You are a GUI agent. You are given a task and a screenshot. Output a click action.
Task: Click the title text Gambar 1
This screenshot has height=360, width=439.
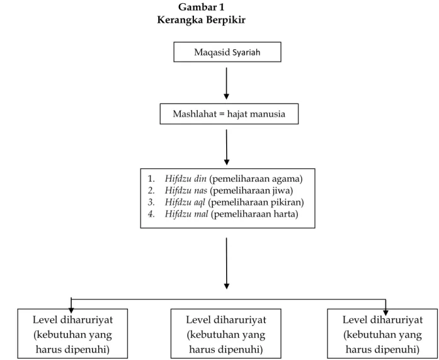pyautogui.click(x=202, y=7)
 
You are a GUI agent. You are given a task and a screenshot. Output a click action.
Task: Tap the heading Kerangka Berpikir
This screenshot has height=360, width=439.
pyautogui.click(x=202, y=20)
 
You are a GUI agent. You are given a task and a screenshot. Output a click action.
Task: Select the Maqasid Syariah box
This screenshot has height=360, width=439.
pyautogui.click(x=227, y=52)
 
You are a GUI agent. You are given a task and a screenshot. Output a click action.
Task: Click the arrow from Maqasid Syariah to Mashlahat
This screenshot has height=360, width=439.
pyautogui.click(x=227, y=83)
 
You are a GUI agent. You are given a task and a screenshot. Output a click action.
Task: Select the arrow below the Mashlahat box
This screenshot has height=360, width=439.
pyautogui.click(x=227, y=147)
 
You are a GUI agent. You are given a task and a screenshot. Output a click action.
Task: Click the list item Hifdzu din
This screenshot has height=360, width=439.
pyautogui.click(x=186, y=178)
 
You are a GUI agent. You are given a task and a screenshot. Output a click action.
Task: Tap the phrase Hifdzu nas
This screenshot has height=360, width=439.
pyautogui.click(x=186, y=190)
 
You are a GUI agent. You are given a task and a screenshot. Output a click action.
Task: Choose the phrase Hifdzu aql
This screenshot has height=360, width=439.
pyautogui.click(x=185, y=202)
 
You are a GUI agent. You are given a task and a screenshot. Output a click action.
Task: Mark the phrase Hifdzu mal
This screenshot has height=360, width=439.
pyautogui.click(x=186, y=214)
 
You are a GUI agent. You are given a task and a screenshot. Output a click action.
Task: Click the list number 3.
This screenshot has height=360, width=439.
pyautogui.click(x=151, y=202)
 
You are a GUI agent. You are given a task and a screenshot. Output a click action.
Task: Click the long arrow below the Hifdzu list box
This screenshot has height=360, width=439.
pyautogui.click(x=227, y=264)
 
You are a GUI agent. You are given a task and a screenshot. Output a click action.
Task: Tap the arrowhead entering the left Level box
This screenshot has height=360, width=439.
pyautogui.click(x=71, y=310)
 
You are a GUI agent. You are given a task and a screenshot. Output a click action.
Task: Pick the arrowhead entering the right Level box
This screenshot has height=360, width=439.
pyautogui.click(x=386, y=312)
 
